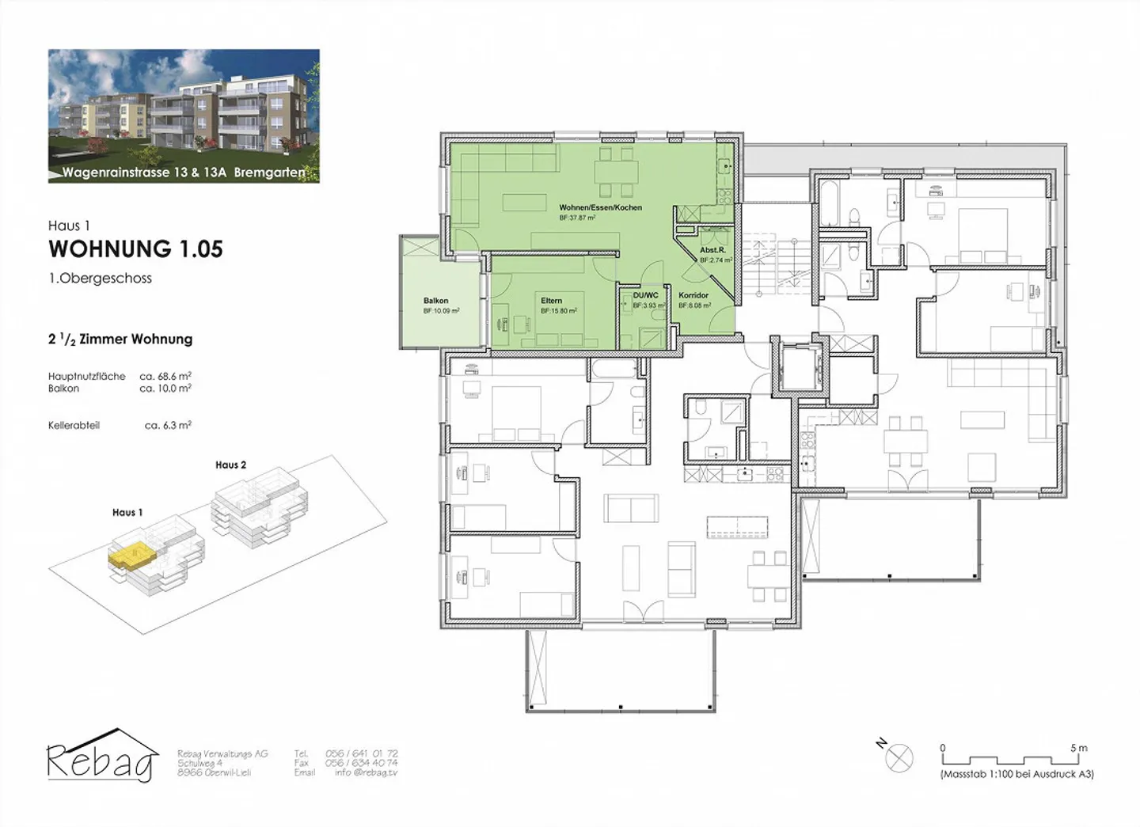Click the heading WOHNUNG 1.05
(135, 248)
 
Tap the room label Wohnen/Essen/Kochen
(600, 207)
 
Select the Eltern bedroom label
(552, 301)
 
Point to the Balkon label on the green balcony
(435, 301)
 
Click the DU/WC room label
(645, 295)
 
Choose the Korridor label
(693, 295)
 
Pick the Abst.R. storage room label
(712, 250)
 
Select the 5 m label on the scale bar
(1079, 748)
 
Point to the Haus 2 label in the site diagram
(230, 465)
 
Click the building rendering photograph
(184, 116)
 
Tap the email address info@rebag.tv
(366, 772)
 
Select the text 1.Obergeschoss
(100, 279)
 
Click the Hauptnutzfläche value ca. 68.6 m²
(165, 377)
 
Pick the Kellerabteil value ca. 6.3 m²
(168, 425)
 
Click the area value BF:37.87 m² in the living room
(577, 218)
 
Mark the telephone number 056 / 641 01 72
(361, 753)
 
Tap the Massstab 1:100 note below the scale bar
(1017, 774)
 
